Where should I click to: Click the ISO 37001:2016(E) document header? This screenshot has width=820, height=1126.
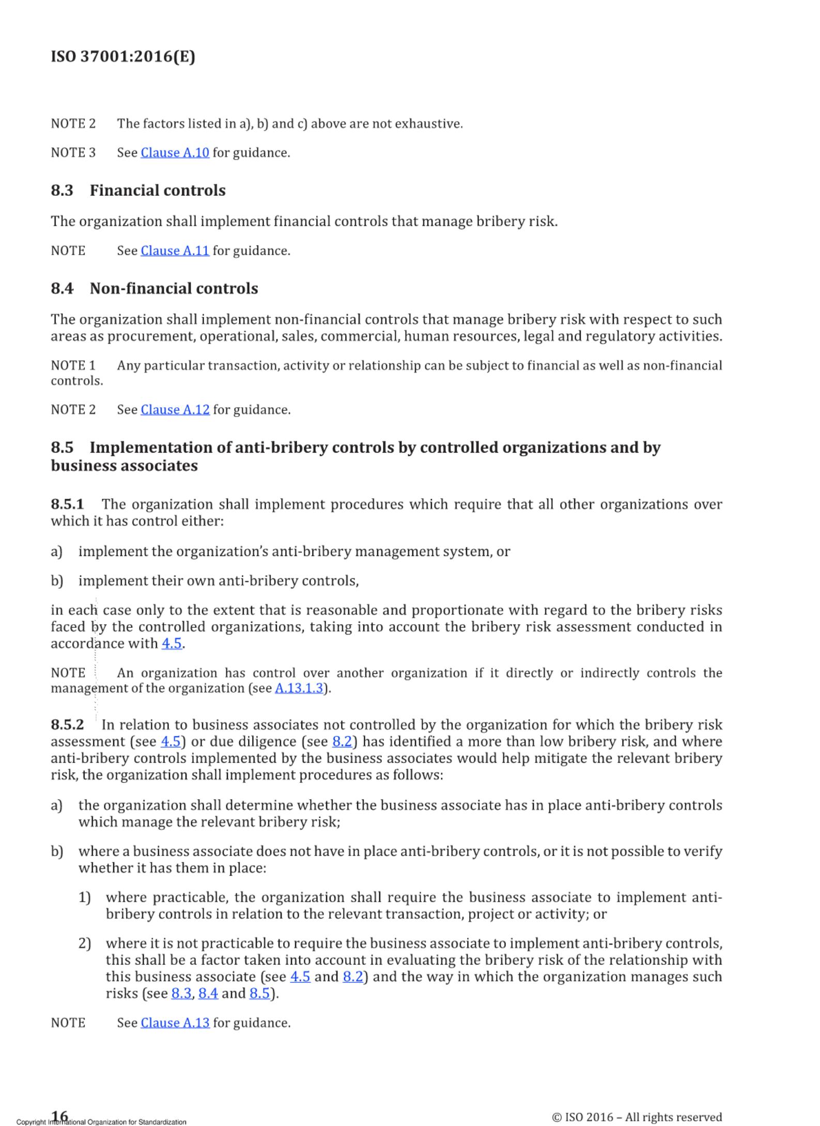coord(123,56)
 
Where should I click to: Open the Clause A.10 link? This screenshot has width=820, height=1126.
coord(175,153)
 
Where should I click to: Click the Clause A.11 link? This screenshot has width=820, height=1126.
coord(175,251)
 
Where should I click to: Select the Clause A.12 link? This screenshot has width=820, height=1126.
coord(175,410)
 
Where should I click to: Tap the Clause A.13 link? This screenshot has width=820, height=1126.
coord(175,1023)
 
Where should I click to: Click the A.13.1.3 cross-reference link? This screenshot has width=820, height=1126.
coord(299,689)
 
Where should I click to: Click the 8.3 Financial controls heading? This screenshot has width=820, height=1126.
coord(138,191)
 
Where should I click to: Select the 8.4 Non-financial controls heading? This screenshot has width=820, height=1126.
coord(154,288)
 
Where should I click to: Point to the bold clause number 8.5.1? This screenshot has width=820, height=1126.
coord(67,504)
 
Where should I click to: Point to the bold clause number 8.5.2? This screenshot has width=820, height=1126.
coord(67,724)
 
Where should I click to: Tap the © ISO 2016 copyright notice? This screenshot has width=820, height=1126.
coord(637,1117)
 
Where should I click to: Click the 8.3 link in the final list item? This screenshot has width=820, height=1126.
coord(181,994)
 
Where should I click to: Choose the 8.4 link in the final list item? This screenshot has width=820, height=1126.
coord(208,994)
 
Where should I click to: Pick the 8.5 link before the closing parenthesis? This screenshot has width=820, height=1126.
coord(259,994)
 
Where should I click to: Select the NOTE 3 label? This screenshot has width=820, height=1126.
coord(73,153)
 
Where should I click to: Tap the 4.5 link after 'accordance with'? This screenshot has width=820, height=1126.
coord(172,644)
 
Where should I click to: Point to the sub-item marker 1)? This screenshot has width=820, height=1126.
coord(85,898)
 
